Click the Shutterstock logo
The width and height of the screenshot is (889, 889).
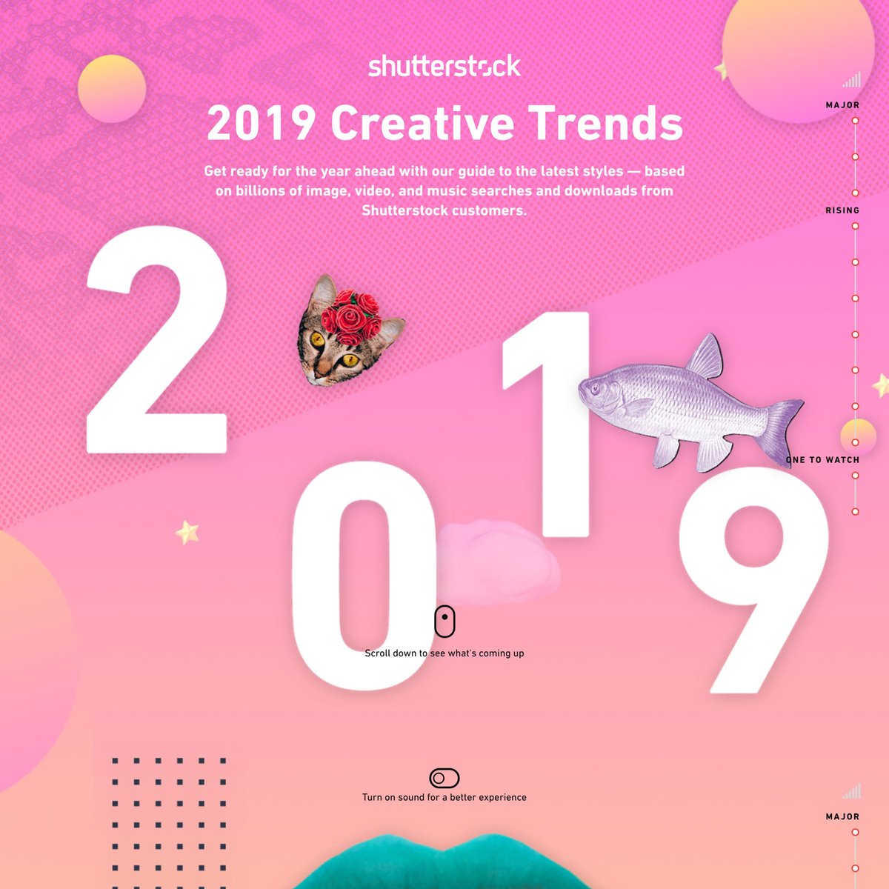point(444,67)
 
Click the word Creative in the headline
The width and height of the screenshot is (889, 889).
point(422,123)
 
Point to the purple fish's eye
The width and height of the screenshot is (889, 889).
point(595,387)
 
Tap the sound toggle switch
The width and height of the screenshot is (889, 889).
point(444,779)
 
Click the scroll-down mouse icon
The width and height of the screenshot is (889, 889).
point(444,621)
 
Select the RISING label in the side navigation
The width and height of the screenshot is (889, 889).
point(842,210)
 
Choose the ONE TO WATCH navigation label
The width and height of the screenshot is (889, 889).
point(823,460)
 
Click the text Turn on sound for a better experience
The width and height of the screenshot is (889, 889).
point(444,798)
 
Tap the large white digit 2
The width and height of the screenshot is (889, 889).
point(157,339)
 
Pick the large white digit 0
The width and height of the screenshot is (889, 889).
point(364,576)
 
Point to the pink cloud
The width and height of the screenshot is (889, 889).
point(499,562)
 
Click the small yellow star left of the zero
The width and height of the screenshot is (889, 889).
point(187,533)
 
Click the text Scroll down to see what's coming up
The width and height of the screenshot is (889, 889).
point(444,653)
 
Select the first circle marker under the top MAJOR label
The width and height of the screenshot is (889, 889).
point(856,121)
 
